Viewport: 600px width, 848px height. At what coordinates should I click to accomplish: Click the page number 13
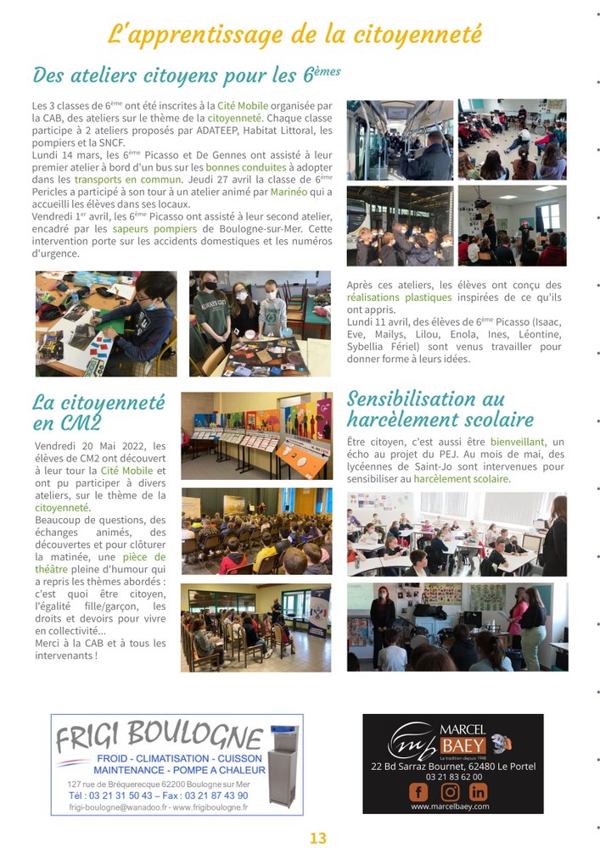[x=317, y=838]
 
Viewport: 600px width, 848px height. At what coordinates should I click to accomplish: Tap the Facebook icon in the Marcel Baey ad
[x=418, y=791]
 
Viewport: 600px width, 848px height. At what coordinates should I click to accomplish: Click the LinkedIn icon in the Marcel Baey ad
[x=479, y=791]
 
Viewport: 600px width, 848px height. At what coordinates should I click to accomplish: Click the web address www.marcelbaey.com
[x=450, y=806]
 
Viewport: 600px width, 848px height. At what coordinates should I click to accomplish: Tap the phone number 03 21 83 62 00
[x=453, y=777]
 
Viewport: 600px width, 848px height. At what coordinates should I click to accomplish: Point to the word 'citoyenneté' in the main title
[x=413, y=35]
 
